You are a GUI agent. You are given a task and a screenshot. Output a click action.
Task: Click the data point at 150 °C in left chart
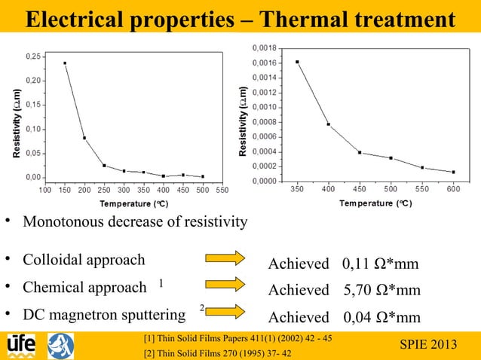click(65, 63)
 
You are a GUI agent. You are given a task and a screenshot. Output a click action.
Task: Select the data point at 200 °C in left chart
click(84, 138)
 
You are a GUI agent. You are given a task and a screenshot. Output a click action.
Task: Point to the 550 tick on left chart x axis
click(222, 190)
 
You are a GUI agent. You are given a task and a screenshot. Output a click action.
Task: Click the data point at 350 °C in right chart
click(297, 62)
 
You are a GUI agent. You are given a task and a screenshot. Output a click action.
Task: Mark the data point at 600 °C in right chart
click(453, 172)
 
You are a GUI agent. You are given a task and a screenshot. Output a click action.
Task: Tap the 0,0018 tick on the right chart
click(264, 48)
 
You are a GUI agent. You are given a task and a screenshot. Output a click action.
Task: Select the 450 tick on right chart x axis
click(360, 189)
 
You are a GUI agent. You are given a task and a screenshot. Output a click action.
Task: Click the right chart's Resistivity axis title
click(243, 121)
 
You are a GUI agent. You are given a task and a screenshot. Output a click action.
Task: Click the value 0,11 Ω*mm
click(380, 264)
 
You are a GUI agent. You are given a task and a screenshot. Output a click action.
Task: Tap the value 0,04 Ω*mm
click(380, 316)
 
